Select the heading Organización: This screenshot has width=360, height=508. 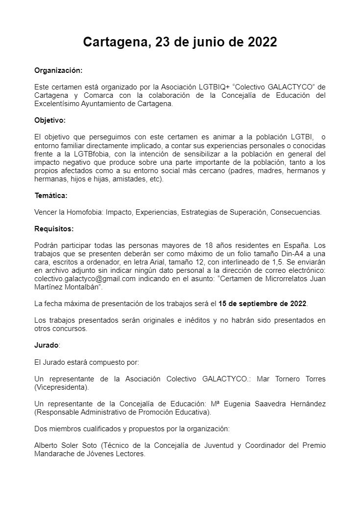58,70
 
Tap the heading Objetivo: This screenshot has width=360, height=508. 50,120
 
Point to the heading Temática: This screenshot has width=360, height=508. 51,196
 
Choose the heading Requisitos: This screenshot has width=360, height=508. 54,228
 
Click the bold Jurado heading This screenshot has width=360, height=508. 47,345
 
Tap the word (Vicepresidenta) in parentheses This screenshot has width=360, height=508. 62,387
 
